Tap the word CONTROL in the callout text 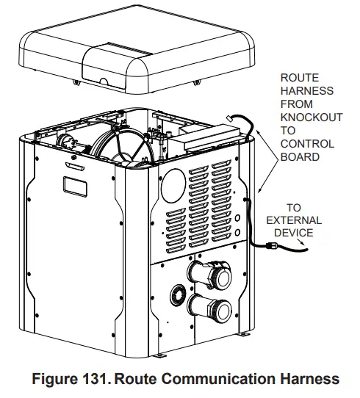coord(302,145)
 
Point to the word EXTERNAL coord(293,220)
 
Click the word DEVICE coord(293,233)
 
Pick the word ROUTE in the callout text coord(298,78)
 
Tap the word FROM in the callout coord(295,105)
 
